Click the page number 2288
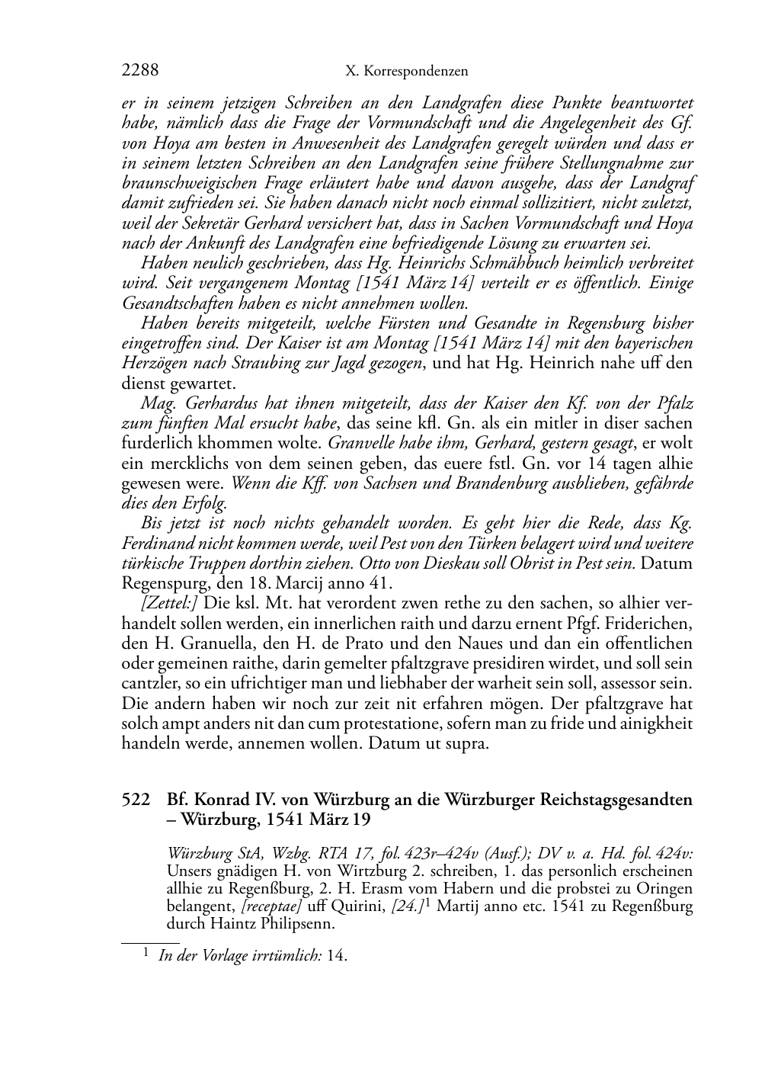point(140,71)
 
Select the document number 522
point(134,800)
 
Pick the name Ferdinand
point(155,544)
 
